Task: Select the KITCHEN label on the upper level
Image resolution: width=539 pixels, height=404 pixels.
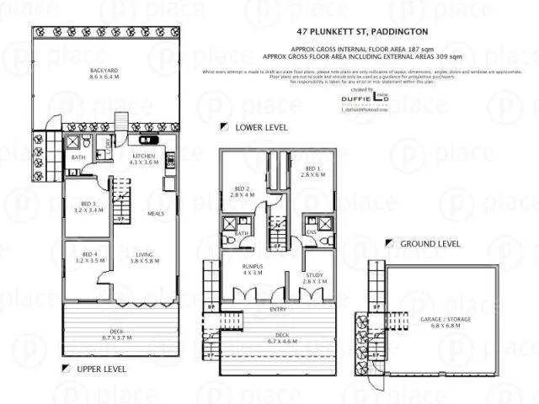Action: pos(143,157)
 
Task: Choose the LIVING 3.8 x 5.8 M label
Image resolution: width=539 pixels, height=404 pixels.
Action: pos(147,258)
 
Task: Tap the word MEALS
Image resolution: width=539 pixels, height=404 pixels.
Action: pos(155,214)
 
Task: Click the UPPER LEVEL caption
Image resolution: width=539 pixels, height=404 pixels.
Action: pos(101,369)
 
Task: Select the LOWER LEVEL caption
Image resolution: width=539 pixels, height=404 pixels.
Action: pos(261,127)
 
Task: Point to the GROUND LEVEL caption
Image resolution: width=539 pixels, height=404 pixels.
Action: pos(430,244)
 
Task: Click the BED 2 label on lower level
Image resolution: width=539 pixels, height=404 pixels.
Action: pos(243,191)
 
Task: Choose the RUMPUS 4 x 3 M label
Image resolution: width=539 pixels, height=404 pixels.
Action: pos(252,269)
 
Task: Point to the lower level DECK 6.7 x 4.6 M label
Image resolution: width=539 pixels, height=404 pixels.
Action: pos(278,339)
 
